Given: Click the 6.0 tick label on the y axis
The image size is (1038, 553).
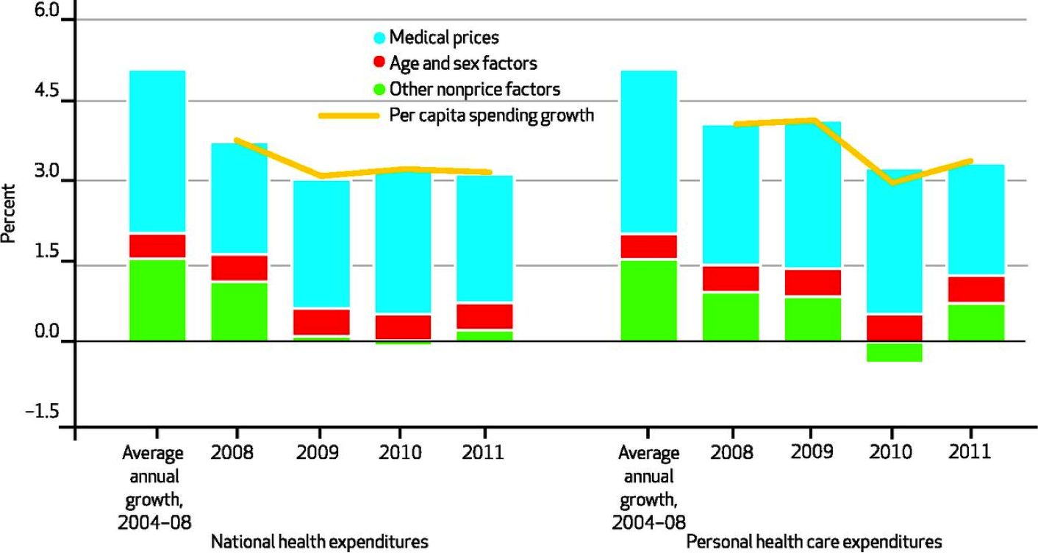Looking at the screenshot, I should (x=43, y=13).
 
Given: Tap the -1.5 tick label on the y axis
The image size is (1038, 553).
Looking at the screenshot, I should (x=41, y=412).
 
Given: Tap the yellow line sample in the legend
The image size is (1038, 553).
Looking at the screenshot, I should (x=349, y=115).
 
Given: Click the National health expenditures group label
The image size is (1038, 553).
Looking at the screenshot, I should (x=319, y=542).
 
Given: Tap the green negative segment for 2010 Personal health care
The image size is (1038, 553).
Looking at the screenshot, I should (x=894, y=352).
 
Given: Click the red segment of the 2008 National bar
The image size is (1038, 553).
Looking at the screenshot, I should (x=239, y=268).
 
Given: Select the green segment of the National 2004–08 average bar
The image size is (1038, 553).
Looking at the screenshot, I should (x=157, y=300).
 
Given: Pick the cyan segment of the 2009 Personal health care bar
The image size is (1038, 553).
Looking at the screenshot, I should (x=812, y=195).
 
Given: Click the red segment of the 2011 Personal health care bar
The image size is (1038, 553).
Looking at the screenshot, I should (x=976, y=289).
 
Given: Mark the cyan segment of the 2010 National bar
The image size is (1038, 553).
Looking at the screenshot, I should (x=403, y=243).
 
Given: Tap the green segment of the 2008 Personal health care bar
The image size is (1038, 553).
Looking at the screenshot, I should (x=731, y=317).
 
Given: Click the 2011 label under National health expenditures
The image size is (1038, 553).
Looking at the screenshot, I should (x=483, y=451).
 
